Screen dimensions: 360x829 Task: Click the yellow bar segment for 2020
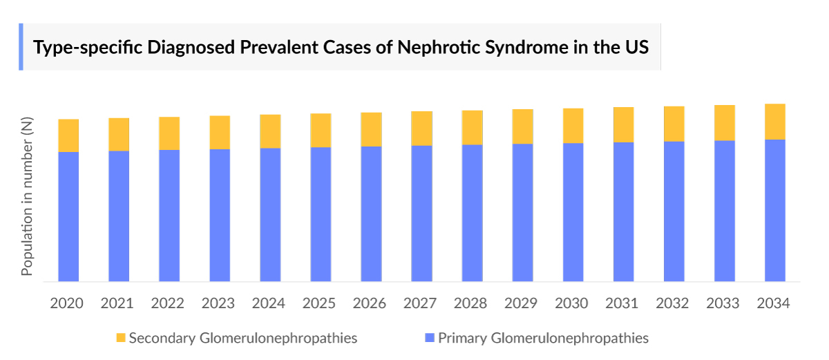(x=68, y=135)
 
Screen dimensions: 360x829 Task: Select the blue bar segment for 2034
(x=775, y=211)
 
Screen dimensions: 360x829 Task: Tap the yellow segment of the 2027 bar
(x=421, y=129)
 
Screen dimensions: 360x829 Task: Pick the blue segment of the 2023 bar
(x=220, y=215)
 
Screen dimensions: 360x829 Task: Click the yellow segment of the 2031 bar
(x=624, y=125)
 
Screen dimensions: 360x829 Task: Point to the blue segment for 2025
(x=321, y=214)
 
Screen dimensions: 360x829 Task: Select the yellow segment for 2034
(x=775, y=122)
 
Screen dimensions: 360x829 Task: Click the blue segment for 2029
(x=522, y=213)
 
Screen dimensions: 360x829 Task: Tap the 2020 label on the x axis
(x=68, y=304)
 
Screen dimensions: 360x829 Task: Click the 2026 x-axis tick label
(x=371, y=304)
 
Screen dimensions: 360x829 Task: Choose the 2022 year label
(x=169, y=304)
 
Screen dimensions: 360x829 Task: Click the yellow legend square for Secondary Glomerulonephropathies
(x=121, y=339)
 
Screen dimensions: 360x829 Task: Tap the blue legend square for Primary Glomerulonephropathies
(x=430, y=339)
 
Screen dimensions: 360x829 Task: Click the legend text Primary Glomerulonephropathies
(x=543, y=339)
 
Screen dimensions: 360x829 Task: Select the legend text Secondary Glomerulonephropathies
(x=242, y=339)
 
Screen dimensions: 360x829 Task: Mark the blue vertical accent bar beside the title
(x=21, y=47)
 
